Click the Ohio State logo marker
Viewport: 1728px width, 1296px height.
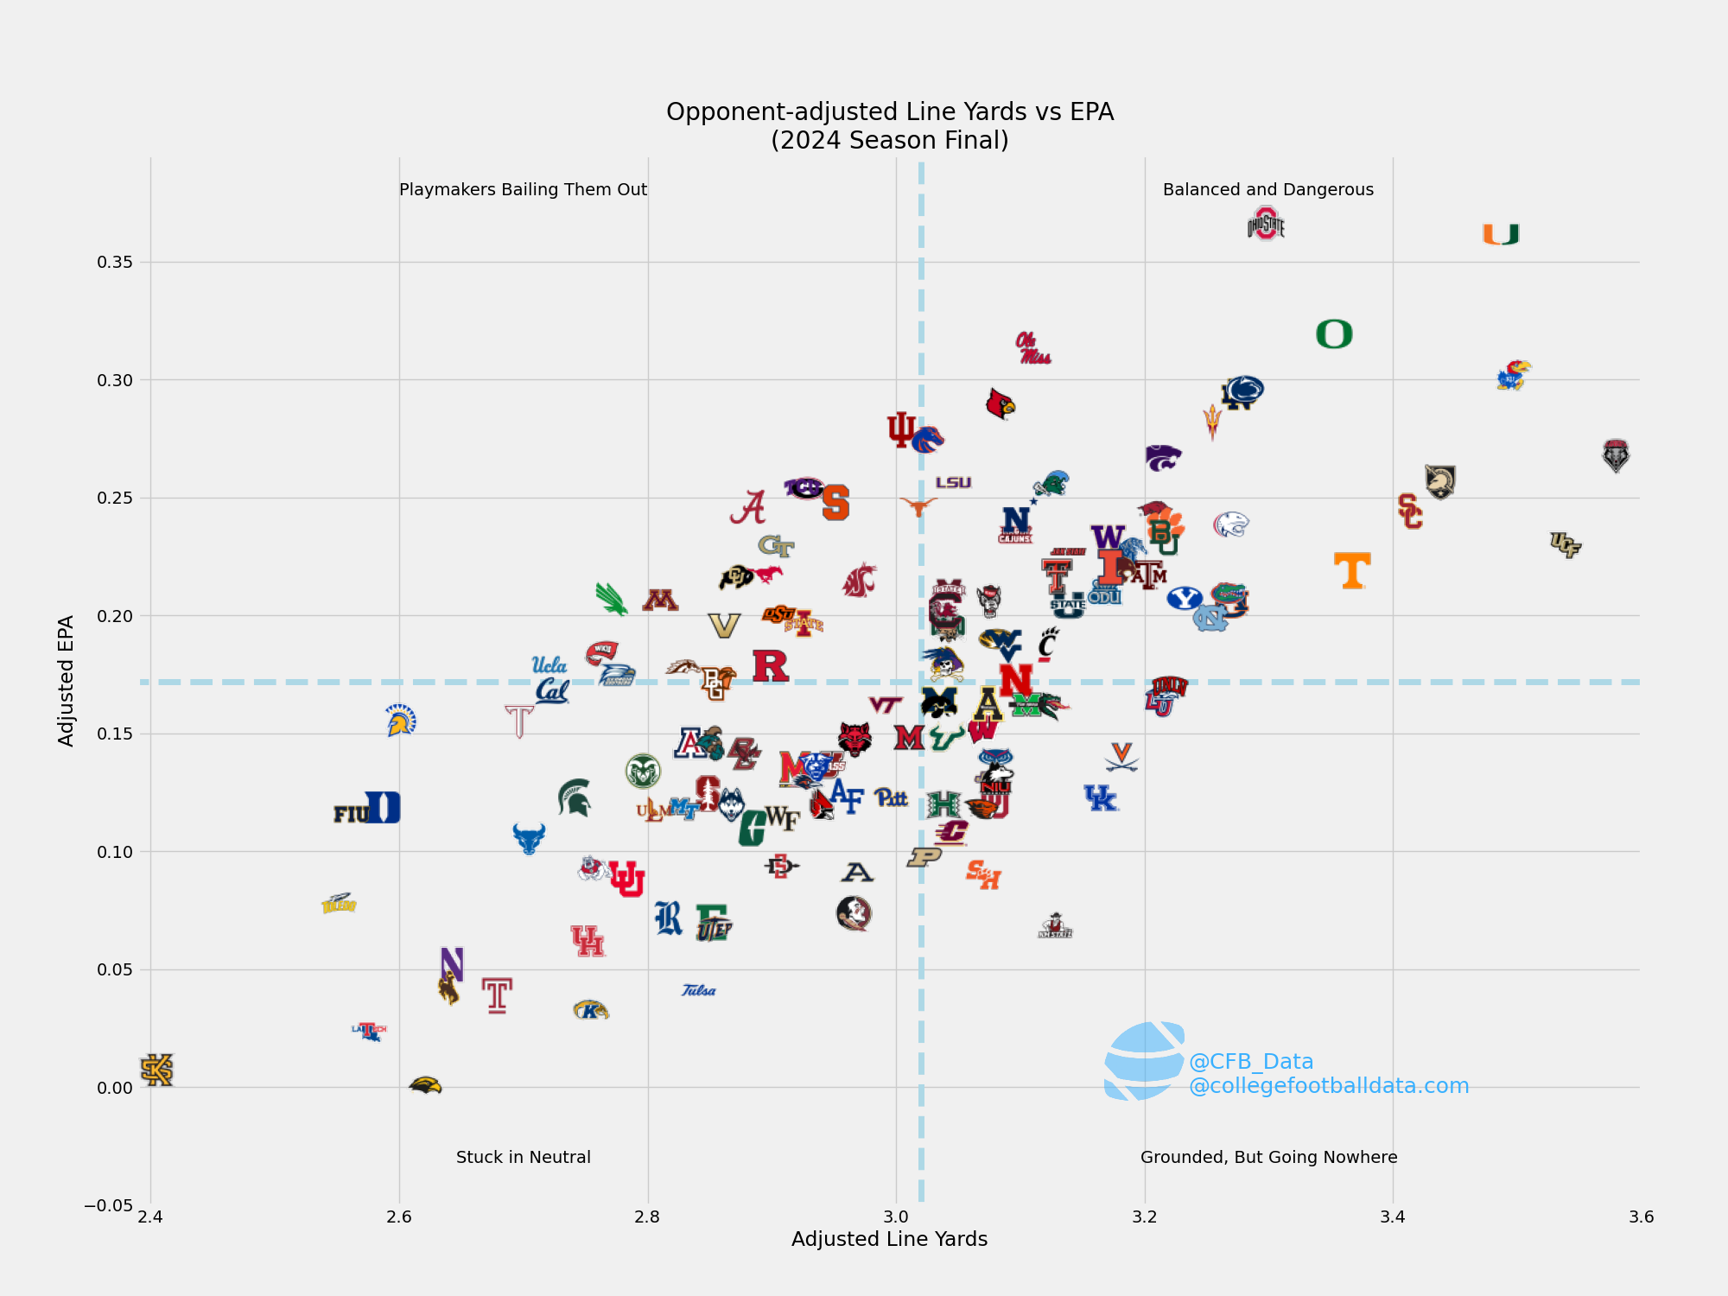coord(1266,225)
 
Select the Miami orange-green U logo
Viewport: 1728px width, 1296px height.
coord(1501,234)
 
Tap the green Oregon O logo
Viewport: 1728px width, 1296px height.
coord(1334,334)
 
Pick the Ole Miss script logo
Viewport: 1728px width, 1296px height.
coord(1032,348)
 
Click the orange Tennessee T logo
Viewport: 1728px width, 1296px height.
coord(1352,571)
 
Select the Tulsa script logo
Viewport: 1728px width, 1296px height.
coord(698,990)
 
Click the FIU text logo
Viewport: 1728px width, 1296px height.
coord(351,814)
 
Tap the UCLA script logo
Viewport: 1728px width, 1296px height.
coord(549,664)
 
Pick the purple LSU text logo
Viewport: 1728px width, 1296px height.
coord(953,483)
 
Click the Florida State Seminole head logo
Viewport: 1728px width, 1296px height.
coord(854,913)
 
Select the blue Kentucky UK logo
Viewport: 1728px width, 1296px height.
coord(1101,798)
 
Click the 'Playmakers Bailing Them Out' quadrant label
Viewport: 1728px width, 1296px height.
coord(523,190)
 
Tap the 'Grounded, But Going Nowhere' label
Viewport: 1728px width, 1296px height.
coord(1268,1158)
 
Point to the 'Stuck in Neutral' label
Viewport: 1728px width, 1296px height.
coord(523,1158)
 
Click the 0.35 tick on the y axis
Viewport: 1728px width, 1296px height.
coord(115,263)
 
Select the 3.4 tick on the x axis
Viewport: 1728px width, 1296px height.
coord(1393,1217)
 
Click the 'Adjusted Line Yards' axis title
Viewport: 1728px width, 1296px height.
coord(889,1240)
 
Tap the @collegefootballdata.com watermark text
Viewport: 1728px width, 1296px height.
coord(1329,1086)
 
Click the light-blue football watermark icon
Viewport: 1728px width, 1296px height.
coord(1143,1061)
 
